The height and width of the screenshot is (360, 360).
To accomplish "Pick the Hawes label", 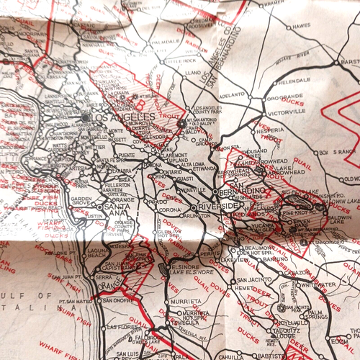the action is [301, 27].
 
